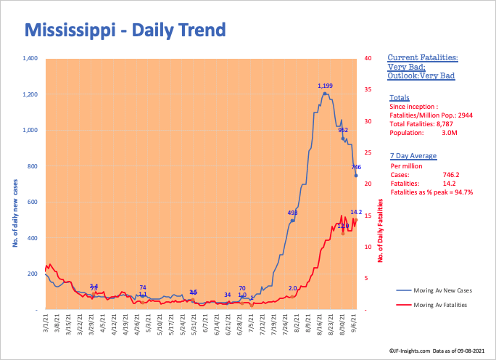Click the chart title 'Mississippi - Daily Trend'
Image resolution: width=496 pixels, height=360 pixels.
coord(125,30)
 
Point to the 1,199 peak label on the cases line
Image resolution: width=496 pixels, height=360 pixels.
coord(326,86)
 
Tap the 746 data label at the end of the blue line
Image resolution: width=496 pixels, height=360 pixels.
coord(356,167)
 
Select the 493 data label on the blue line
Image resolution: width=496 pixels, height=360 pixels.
coord(293,213)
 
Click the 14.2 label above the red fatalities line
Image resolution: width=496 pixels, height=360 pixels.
coord(356,213)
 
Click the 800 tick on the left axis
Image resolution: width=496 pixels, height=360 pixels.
coord(32,166)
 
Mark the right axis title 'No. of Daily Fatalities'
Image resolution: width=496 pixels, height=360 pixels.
coord(381,230)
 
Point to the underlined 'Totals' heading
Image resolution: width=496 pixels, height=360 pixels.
coord(399,97)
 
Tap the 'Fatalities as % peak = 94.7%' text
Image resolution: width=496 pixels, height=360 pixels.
coord(431,192)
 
